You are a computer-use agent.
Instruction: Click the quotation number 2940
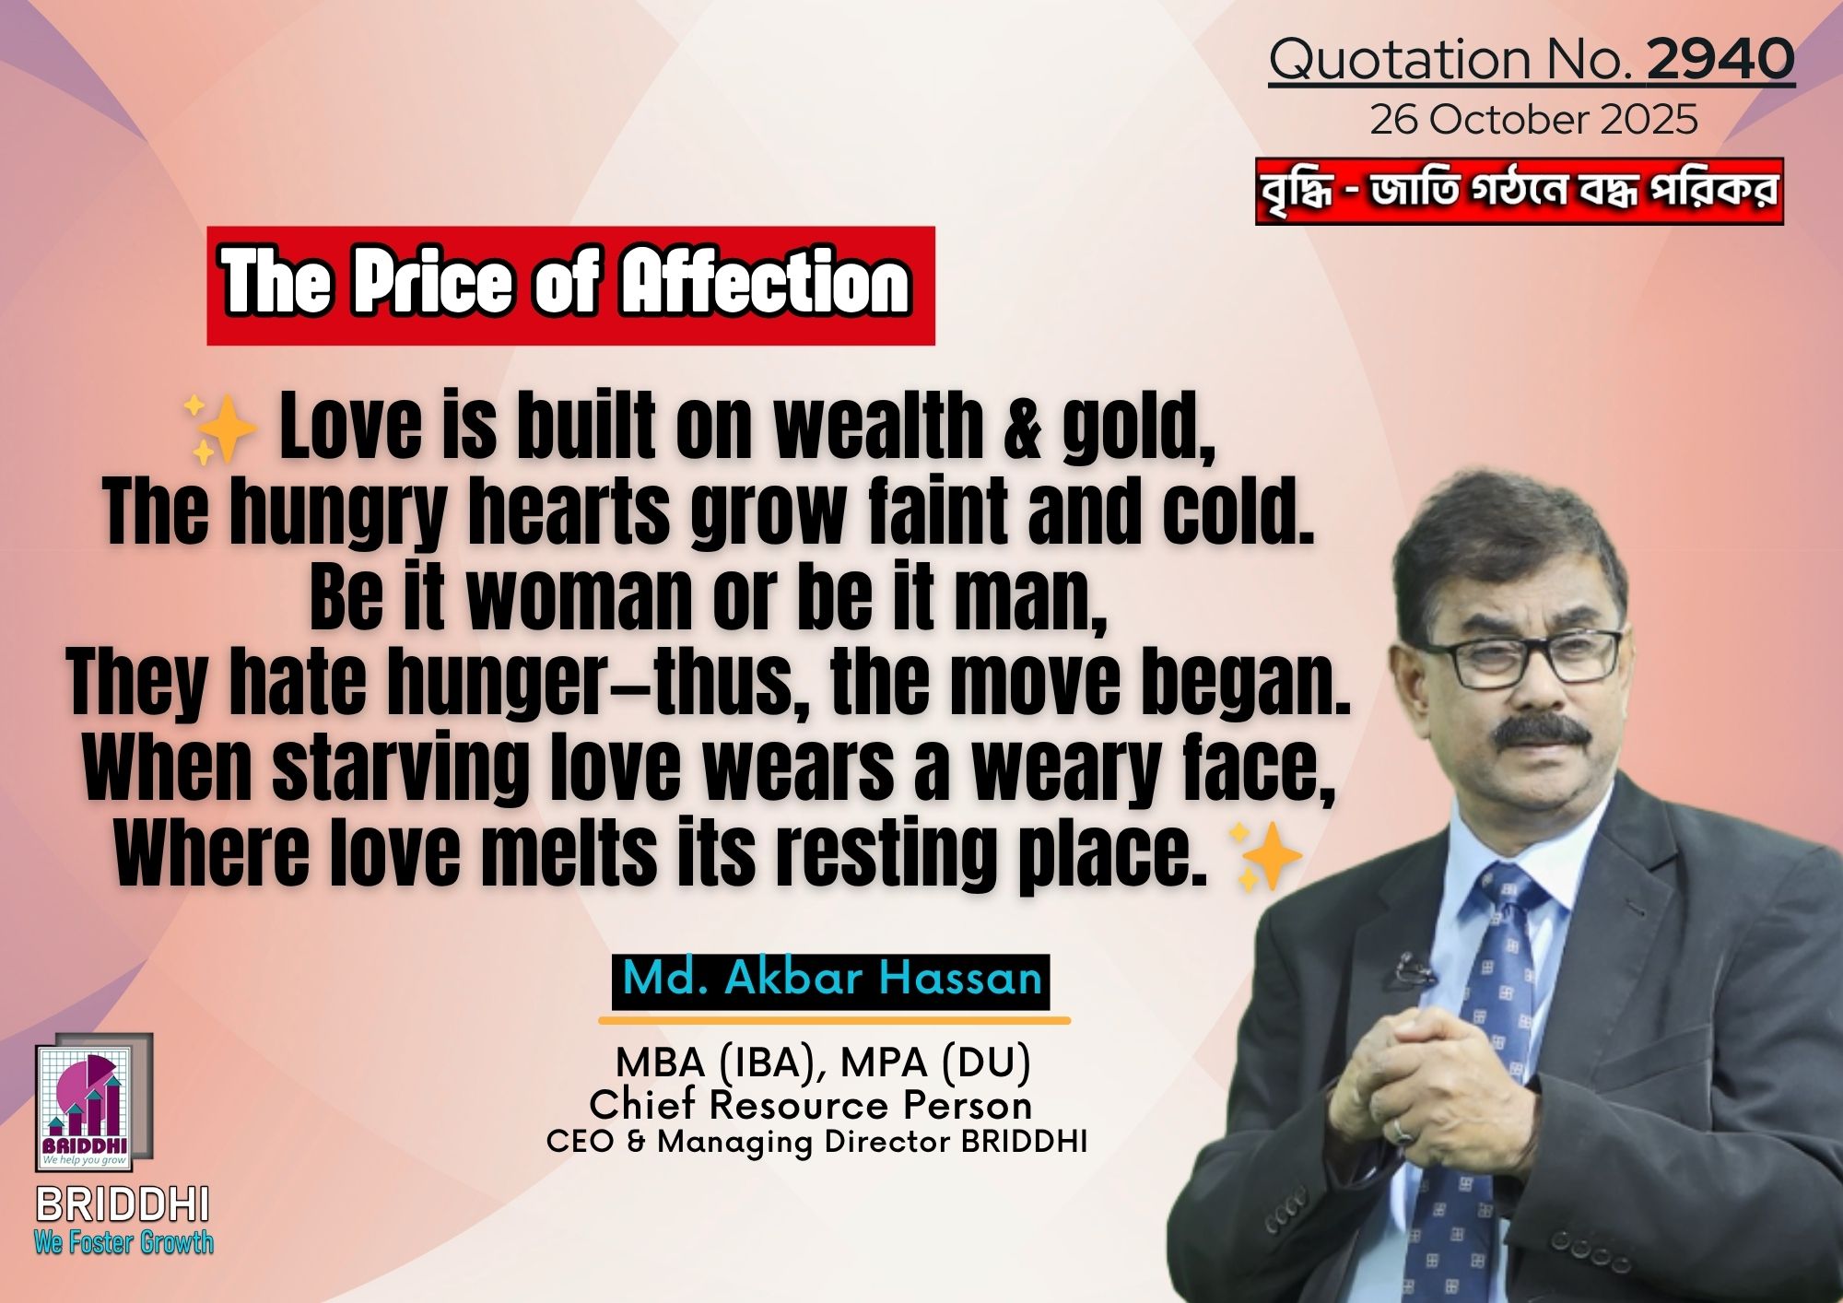1720,59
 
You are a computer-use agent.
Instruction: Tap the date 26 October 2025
1533,121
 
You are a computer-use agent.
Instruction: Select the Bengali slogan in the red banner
1519,192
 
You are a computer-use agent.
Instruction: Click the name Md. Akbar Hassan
831,978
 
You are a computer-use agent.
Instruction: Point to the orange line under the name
834,1020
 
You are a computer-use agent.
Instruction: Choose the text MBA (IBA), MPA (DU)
823,1062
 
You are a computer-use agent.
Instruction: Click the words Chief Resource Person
810,1104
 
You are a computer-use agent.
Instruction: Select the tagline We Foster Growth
123,1242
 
